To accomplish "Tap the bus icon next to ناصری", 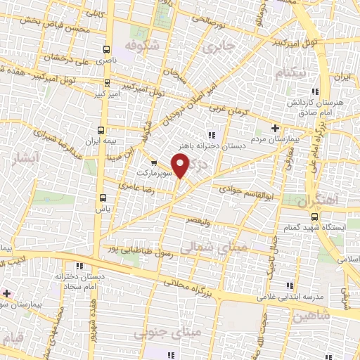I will (x=106, y=50).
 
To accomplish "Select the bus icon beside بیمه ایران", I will (x=101, y=130).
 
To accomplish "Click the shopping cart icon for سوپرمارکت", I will (x=154, y=163).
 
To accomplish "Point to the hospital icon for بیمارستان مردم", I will (x=275, y=128).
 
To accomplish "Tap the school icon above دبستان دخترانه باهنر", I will (x=210, y=135).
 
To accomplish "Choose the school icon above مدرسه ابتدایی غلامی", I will (x=289, y=285).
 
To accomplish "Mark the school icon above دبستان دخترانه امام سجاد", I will (x=79, y=266).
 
